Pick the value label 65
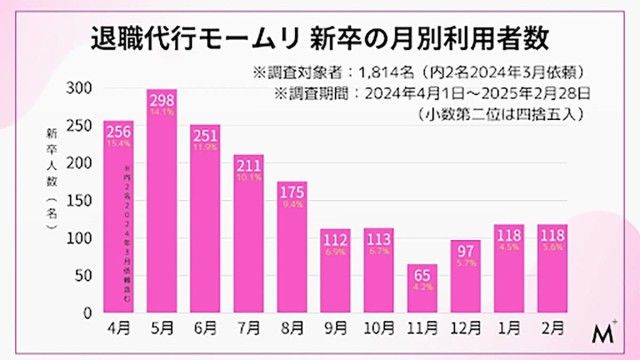pyautogui.click(x=423, y=273)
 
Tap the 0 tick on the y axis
pyautogui.click(x=91, y=312)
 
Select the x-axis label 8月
pyautogui.click(x=292, y=327)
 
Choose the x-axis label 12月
pyautogui.click(x=466, y=327)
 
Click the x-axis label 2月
pyautogui.click(x=553, y=327)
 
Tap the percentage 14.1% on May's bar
pyautogui.click(x=162, y=112)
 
